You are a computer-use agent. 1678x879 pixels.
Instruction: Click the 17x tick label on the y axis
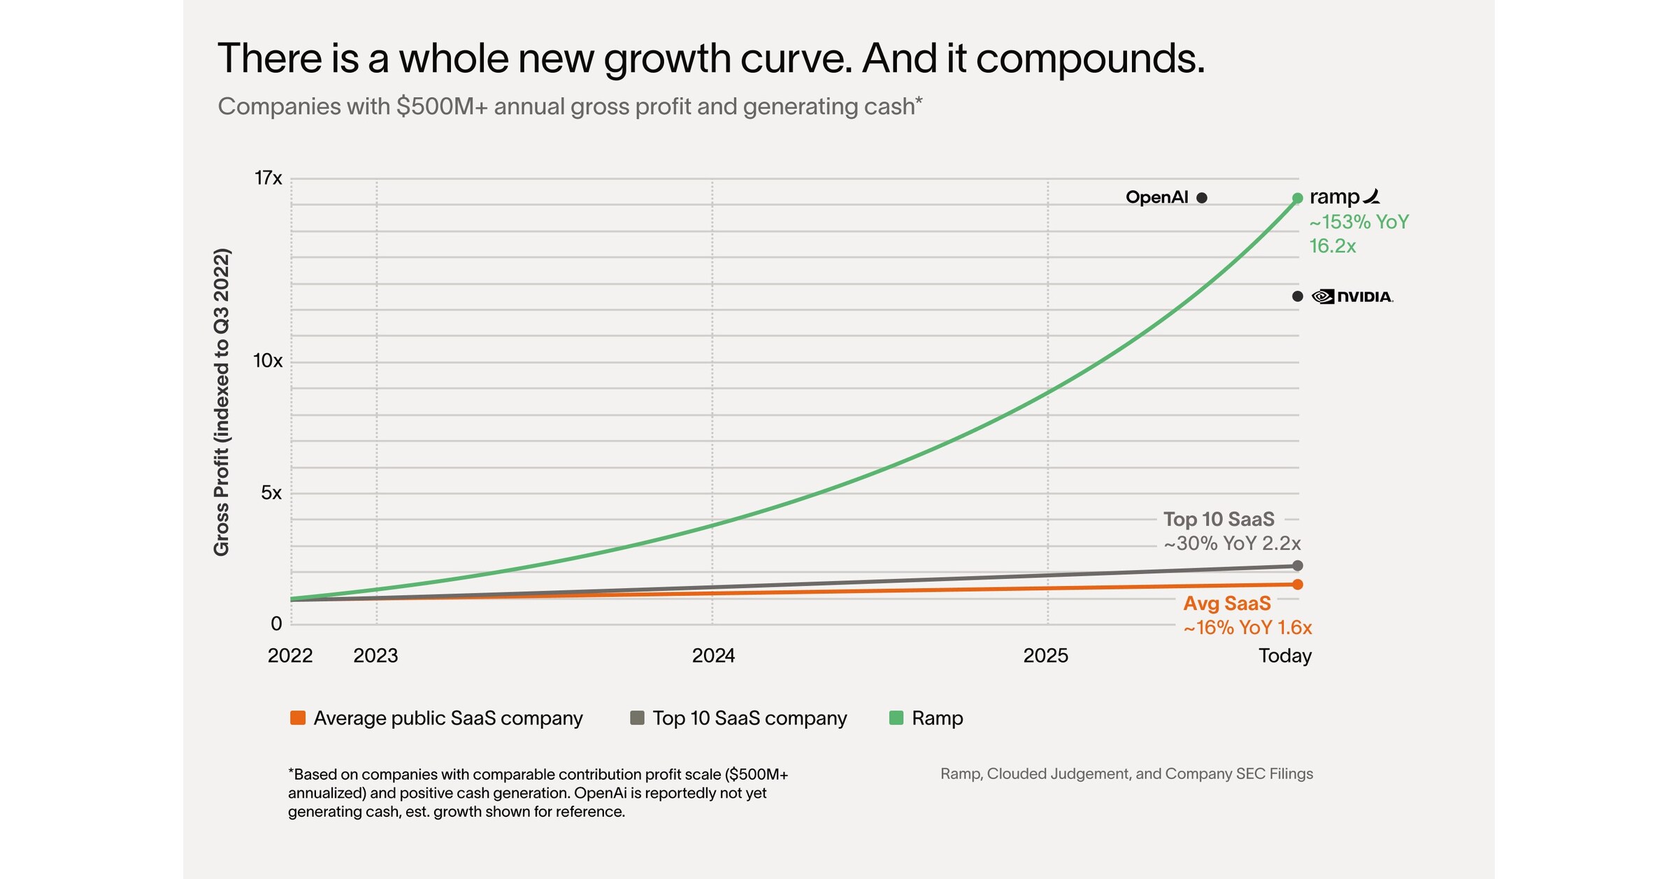pyautogui.click(x=268, y=178)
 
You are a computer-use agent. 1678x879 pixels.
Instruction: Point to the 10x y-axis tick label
pyautogui.click(x=268, y=361)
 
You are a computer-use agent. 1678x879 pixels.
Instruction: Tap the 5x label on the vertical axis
pyautogui.click(x=271, y=493)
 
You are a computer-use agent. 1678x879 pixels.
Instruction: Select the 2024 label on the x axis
pyautogui.click(x=713, y=656)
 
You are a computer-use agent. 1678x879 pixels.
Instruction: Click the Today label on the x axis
pyautogui.click(x=1285, y=656)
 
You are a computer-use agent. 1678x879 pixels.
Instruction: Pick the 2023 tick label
pyautogui.click(x=375, y=656)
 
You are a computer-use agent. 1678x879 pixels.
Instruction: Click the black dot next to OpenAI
pyautogui.click(x=1202, y=198)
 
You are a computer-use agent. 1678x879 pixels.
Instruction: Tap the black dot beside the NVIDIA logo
pyautogui.click(x=1298, y=296)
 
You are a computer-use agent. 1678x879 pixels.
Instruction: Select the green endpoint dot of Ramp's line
pyautogui.click(x=1298, y=199)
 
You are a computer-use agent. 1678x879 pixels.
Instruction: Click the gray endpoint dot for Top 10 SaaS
pyautogui.click(x=1298, y=566)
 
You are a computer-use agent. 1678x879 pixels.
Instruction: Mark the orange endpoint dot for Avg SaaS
pyautogui.click(x=1298, y=585)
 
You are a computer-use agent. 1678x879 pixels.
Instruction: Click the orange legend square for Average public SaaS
pyautogui.click(x=298, y=718)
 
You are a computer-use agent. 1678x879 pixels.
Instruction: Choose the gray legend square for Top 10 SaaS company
pyautogui.click(x=637, y=718)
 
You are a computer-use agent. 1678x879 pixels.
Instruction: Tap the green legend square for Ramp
pyautogui.click(x=896, y=718)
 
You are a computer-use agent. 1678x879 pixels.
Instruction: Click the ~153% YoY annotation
pyautogui.click(x=1359, y=222)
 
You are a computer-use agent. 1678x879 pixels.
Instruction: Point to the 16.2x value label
pyautogui.click(x=1333, y=246)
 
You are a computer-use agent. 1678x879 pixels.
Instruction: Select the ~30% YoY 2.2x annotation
pyautogui.click(x=1232, y=543)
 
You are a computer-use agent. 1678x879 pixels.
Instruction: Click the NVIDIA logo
pyautogui.click(x=1353, y=296)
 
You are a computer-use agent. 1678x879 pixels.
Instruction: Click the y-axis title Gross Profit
pyautogui.click(x=222, y=402)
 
